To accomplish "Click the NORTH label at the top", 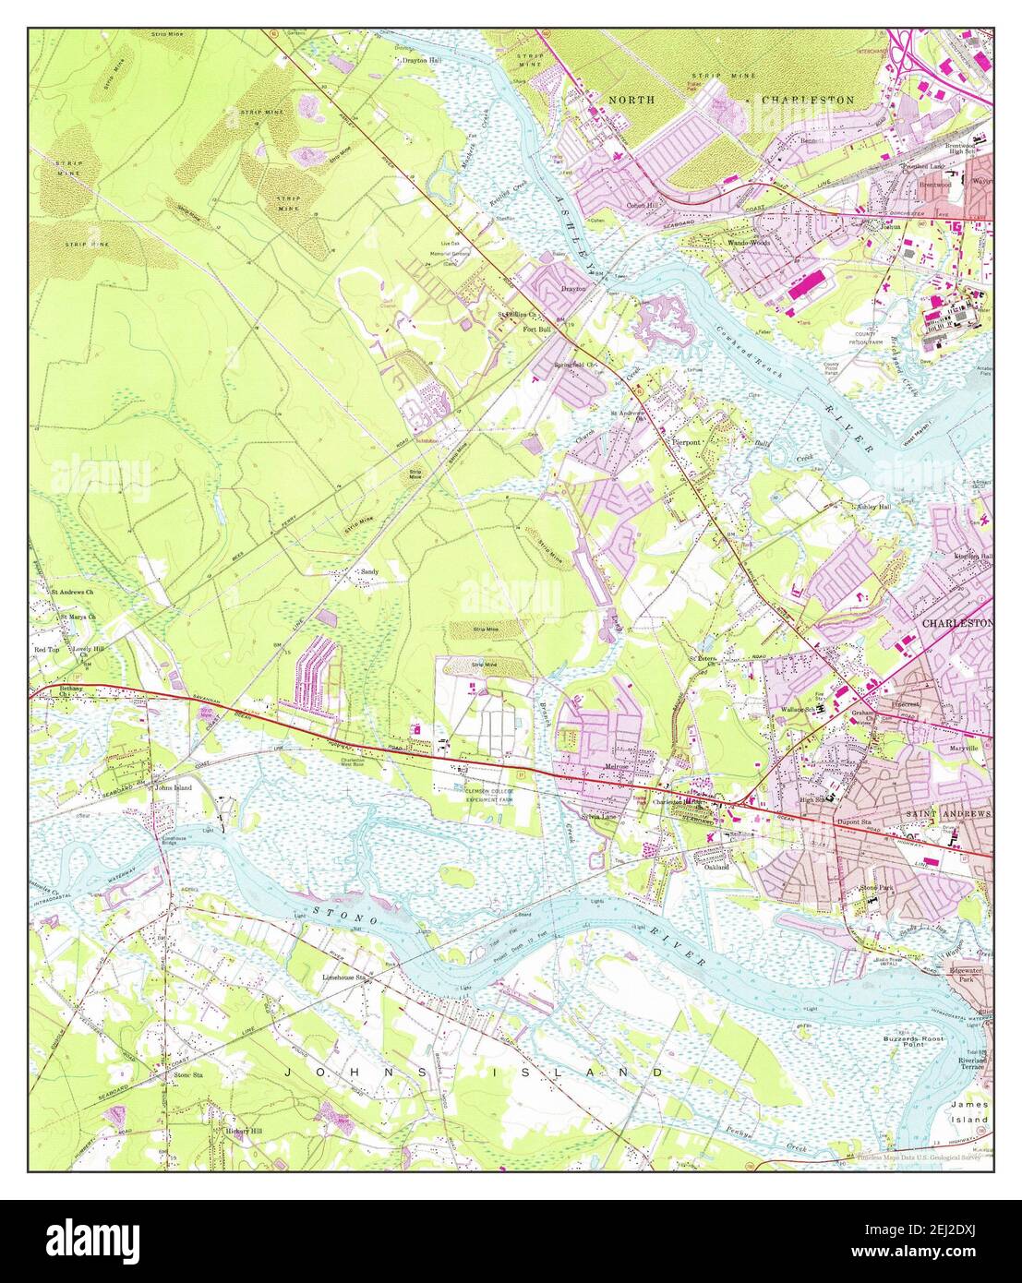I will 631,99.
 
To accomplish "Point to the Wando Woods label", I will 749,243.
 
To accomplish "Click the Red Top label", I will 46,651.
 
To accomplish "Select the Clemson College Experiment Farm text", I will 489,795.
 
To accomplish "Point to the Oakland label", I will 716,868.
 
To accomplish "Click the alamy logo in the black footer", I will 92,1239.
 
